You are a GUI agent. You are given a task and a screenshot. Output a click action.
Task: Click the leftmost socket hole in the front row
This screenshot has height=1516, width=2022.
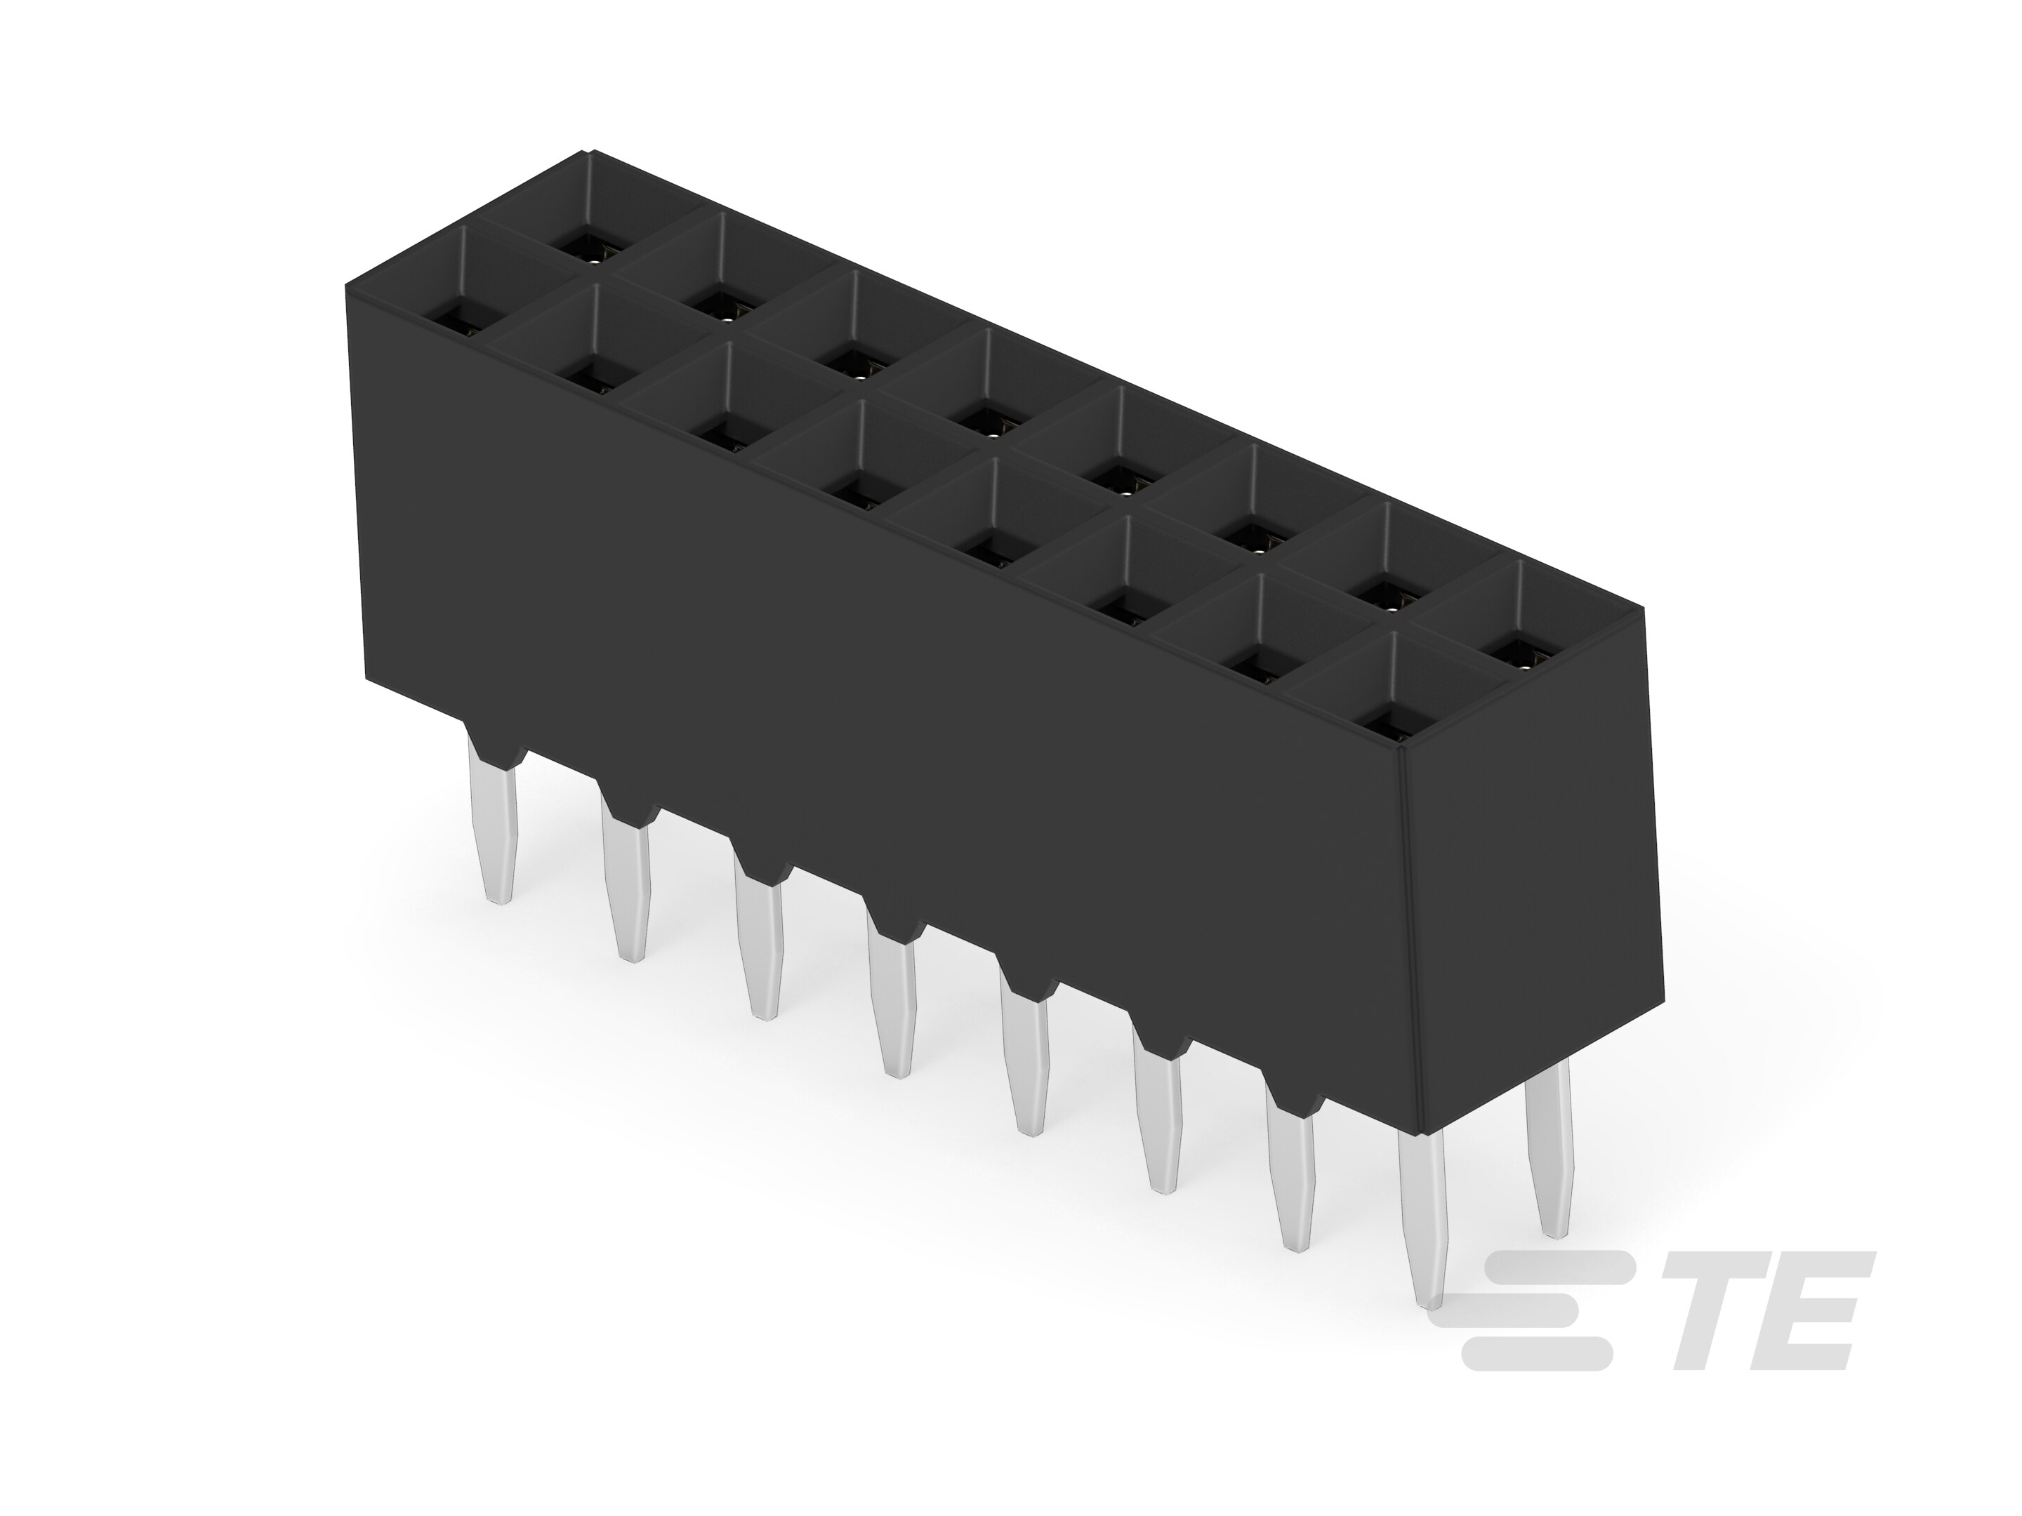click(x=454, y=323)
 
